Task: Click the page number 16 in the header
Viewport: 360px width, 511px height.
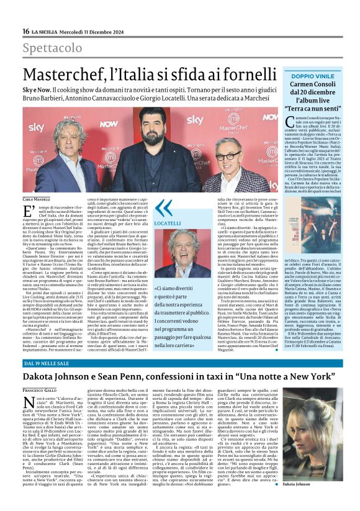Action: pyautogui.click(x=25, y=32)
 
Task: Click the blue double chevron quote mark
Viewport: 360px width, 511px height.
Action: pyautogui.click(x=163, y=208)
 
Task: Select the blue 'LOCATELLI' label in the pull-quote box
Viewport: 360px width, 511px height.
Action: pyautogui.click(x=167, y=223)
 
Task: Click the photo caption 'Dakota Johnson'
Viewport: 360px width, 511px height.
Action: pyautogui.click(x=317, y=483)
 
